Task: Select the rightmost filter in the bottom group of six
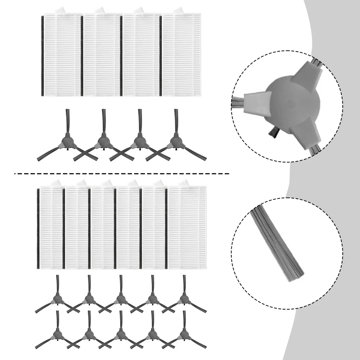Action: [x=187, y=228]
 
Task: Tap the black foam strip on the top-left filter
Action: [x=43, y=56]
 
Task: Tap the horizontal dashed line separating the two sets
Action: [x=122, y=174]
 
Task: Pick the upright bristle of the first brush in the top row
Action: [x=67, y=120]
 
